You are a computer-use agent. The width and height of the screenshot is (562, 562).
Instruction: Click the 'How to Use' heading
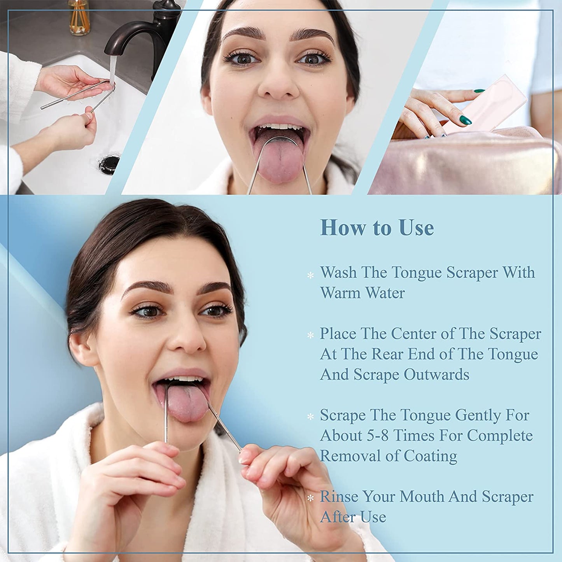(x=376, y=228)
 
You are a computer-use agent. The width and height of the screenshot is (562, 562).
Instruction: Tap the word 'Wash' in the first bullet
(x=338, y=272)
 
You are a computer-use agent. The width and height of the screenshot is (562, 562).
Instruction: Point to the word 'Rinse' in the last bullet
(x=338, y=497)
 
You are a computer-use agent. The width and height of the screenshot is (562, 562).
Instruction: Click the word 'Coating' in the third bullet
(x=430, y=456)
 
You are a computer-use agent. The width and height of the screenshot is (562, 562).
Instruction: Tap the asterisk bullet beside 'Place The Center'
(x=310, y=335)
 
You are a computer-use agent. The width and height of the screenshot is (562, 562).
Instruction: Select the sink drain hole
(x=109, y=163)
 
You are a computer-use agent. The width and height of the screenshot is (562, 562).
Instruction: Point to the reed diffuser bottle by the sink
(x=79, y=18)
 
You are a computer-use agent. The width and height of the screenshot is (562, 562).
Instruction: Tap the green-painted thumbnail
(x=465, y=120)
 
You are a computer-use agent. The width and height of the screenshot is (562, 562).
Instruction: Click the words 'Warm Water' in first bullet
(x=362, y=293)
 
